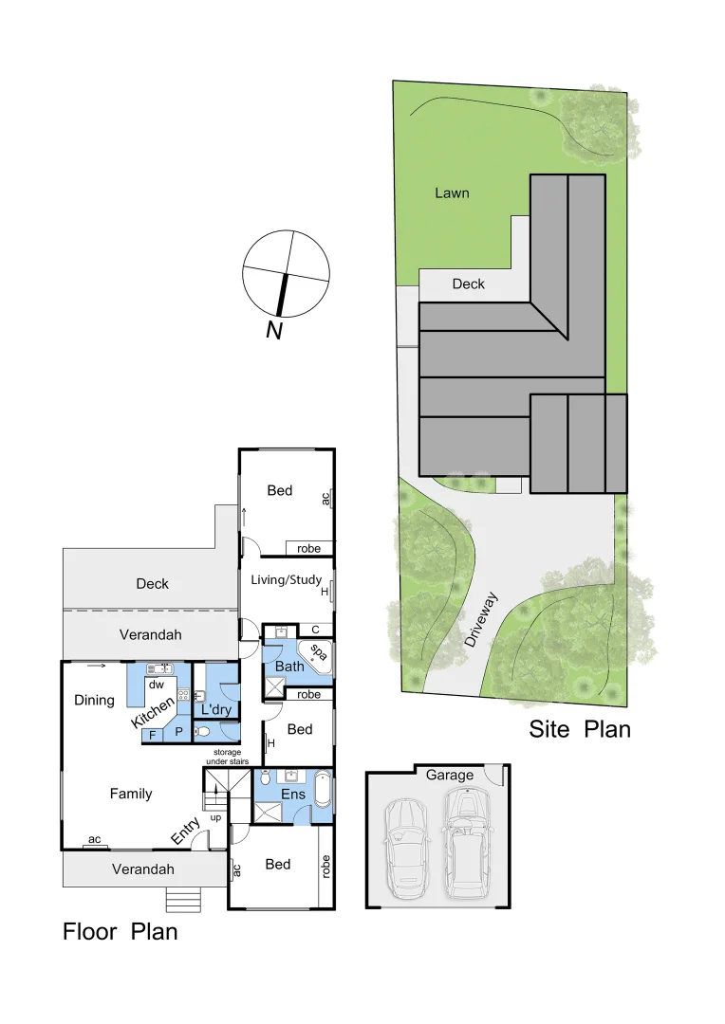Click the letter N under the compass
tap(274, 330)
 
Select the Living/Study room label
tap(286, 580)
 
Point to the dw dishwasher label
tap(157, 684)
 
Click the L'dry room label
tap(212, 708)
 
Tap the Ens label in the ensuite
tap(292, 793)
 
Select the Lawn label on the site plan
tap(452, 193)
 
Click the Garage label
tap(449, 775)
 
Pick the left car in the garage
tap(405, 847)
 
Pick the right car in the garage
tap(465, 842)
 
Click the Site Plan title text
tap(580, 729)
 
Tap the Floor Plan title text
tap(121, 931)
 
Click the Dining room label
tap(94, 701)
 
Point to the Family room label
tap(131, 794)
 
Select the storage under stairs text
tap(227, 757)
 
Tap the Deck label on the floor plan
tap(152, 584)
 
